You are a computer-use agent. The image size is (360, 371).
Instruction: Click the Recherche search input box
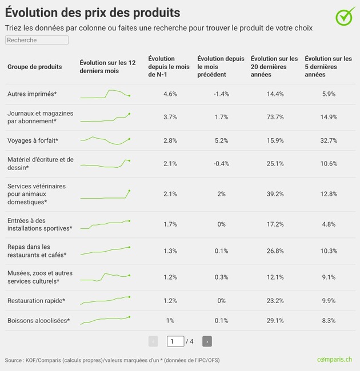pos(37,40)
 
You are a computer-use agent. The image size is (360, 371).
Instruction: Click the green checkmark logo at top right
pos(345,17)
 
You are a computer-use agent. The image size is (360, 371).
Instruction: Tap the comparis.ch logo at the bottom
pos(334,360)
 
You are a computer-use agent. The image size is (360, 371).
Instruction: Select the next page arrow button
pos(207,341)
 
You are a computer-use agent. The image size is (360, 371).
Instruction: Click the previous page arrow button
pos(153,341)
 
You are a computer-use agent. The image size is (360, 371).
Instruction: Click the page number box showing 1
pos(175,341)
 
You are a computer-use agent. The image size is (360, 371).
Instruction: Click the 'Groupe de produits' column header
pos(34,67)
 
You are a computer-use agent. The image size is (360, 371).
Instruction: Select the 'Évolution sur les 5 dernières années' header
pos(328,67)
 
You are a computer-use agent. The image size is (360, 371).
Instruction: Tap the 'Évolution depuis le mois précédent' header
pos(221,67)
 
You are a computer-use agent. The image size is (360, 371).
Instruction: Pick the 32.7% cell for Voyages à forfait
pos(328,140)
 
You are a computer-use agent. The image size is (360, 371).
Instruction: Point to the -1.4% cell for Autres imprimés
pos(221,94)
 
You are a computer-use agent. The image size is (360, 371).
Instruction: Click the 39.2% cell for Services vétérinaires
pos(275,194)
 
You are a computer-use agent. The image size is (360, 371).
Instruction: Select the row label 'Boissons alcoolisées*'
pos(38,321)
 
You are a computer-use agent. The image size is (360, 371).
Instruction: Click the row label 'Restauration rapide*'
pos(36,301)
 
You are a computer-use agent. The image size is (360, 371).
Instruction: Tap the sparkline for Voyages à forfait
pos(106,140)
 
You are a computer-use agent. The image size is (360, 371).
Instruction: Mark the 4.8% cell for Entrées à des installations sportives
pos(328,224)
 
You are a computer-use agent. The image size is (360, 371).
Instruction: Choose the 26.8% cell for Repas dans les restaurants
pos(275,251)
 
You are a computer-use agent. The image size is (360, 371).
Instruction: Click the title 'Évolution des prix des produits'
pos(93,13)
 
